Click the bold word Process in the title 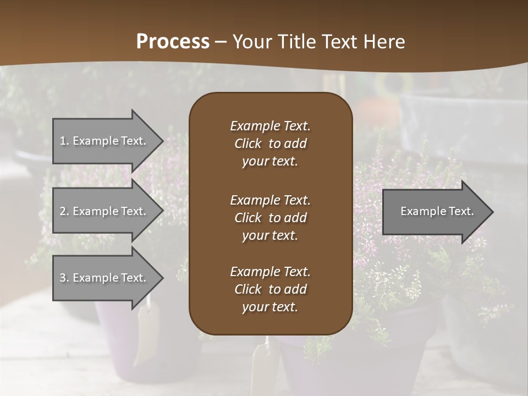(x=173, y=42)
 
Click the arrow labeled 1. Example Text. (x=105, y=141)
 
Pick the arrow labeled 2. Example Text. (x=105, y=211)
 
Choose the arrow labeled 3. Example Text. (x=105, y=278)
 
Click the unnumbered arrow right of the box (x=435, y=212)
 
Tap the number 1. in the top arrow (x=64, y=141)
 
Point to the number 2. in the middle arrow (x=64, y=211)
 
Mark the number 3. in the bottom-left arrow (x=64, y=278)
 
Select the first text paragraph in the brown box (x=270, y=144)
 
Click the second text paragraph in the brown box (x=270, y=218)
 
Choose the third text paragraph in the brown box (x=270, y=289)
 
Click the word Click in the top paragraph (x=248, y=144)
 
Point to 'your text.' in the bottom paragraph (x=270, y=307)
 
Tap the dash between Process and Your (x=221, y=42)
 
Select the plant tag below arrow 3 (x=146, y=330)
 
